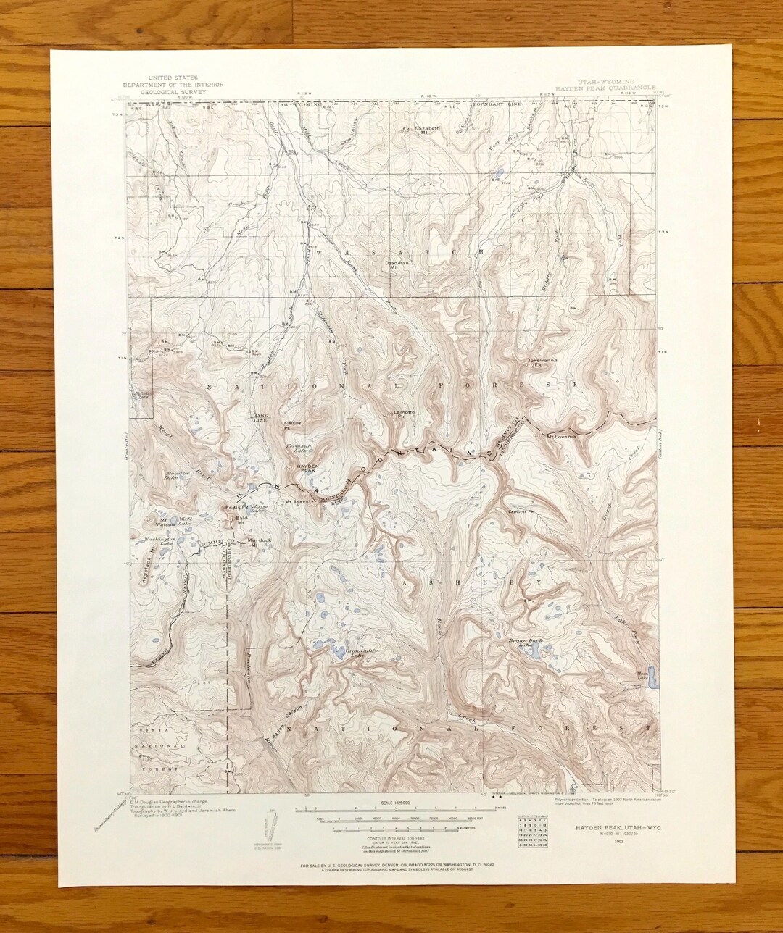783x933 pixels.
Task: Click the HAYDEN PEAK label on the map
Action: pyautogui.click(x=308, y=469)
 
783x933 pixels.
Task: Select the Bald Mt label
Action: pyautogui.click(x=242, y=519)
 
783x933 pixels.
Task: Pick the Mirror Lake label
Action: pyautogui.click(x=259, y=508)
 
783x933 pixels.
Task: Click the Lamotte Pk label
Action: pyautogui.click(x=403, y=414)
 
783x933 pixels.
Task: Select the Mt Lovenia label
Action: pyautogui.click(x=561, y=436)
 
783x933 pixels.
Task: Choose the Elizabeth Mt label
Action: pyautogui.click(x=428, y=130)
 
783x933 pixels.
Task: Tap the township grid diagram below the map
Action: pyautogui.click(x=529, y=830)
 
